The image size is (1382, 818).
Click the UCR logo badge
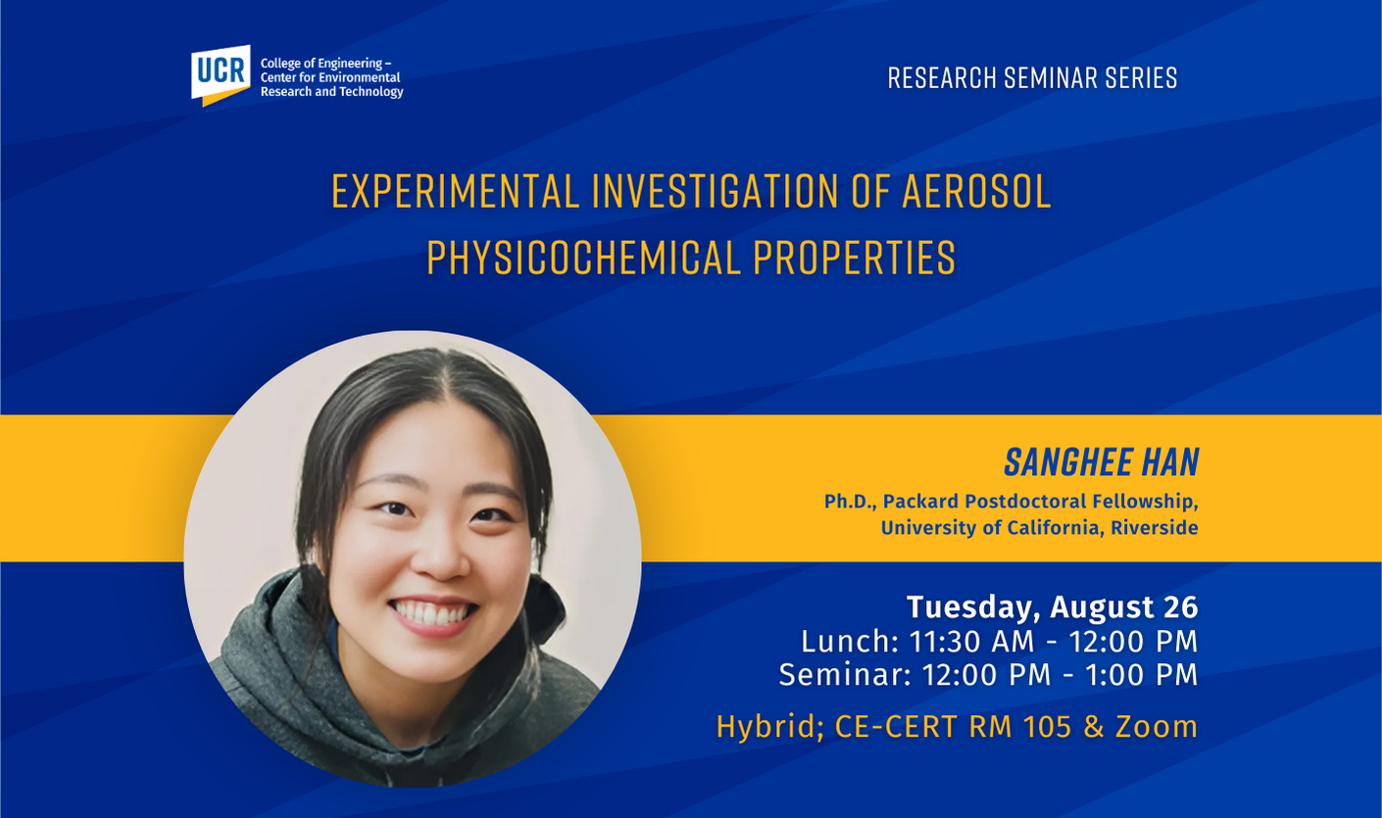tap(221, 74)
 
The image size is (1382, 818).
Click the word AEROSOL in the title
tap(976, 192)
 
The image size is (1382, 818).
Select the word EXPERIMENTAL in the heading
tap(456, 192)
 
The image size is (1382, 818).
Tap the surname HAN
tap(1169, 462)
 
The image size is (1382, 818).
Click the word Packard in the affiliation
tap(920, 502)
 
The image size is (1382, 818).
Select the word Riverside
tap(1155, 528)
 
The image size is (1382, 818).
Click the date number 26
tap(1181, 606)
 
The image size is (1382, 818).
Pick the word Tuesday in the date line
tap(973, 607)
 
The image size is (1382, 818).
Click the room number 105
tap(1047, 726)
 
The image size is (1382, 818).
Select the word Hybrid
tap(769, 728)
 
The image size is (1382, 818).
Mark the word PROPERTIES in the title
tap(855, 258)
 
